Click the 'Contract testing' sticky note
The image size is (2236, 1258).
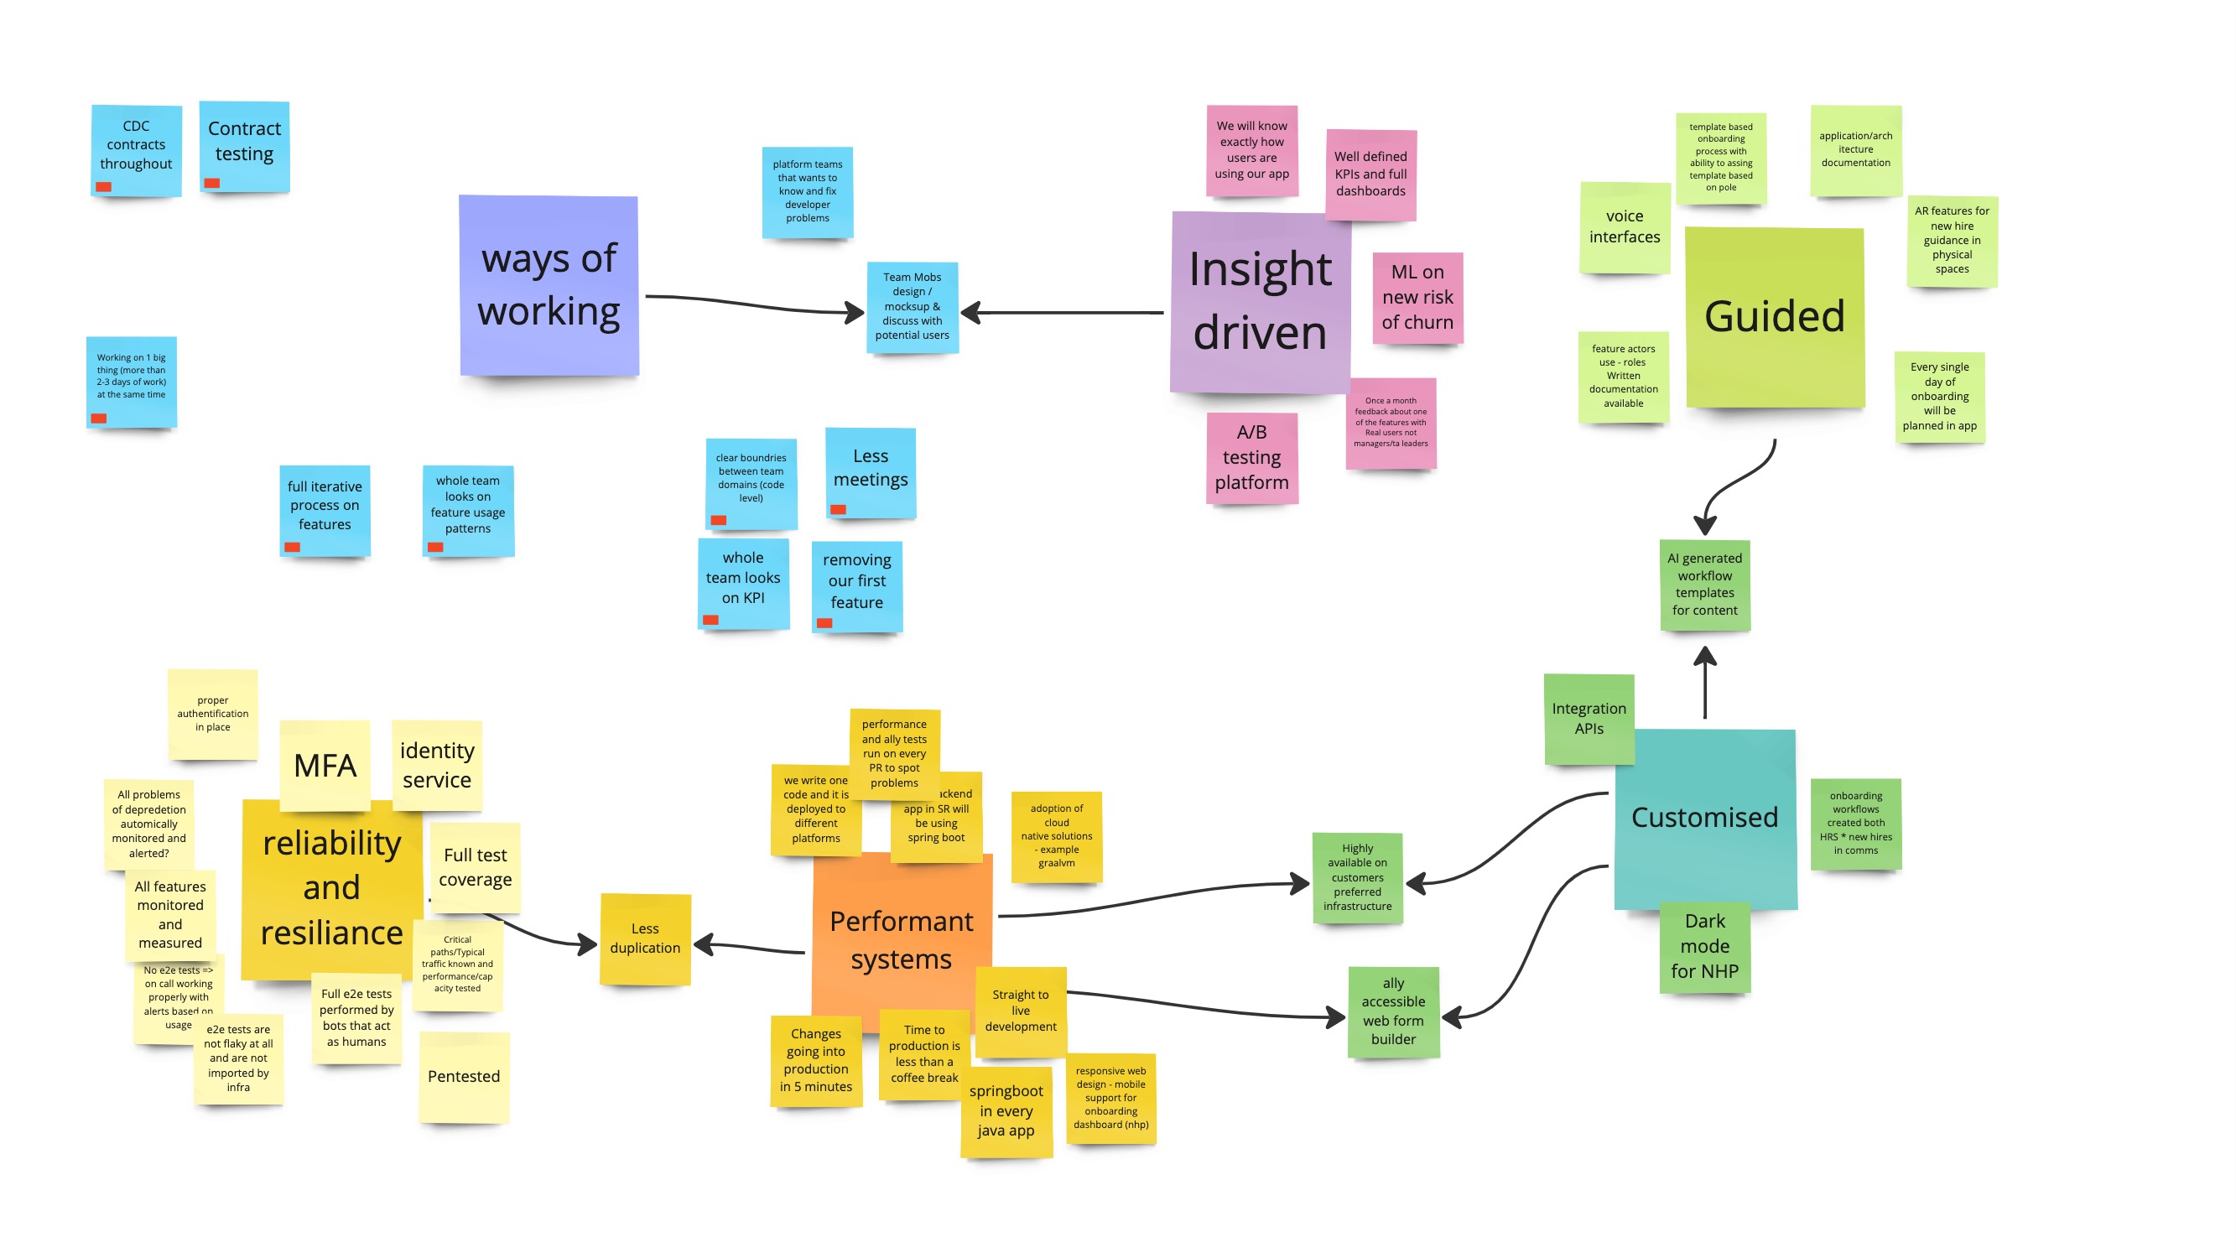(x=244, y=143)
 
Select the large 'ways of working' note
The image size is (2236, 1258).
(x=549, y=285)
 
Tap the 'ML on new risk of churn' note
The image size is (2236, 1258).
(x=1417, y=298)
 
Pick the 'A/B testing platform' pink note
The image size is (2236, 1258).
(x=1251, y=458)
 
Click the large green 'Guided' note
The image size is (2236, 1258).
(x=1773, y=317)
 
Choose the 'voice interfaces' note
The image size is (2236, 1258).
(x=1624, y=226)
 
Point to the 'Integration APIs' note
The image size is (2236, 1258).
(x=1589, y=718)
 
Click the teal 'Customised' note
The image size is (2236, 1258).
(x=1704, y=818)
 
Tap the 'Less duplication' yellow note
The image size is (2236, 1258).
(x=644, y=938)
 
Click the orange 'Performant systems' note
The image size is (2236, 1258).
(x=900, y=940)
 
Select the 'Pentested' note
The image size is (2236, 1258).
(x=464, y=1077)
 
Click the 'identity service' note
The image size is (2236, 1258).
(x=437, y=765)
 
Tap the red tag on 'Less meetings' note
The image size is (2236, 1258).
(x=838, y=510)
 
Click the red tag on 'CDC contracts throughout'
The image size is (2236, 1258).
(x=103, y=187)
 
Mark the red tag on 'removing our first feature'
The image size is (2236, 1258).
(x=824, y=623)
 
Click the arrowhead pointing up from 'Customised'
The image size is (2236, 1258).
(x=1705, y=658)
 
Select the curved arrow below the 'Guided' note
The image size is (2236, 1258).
(x=1736, y=486)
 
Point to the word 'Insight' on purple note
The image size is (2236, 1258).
(x=1260, y=269)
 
